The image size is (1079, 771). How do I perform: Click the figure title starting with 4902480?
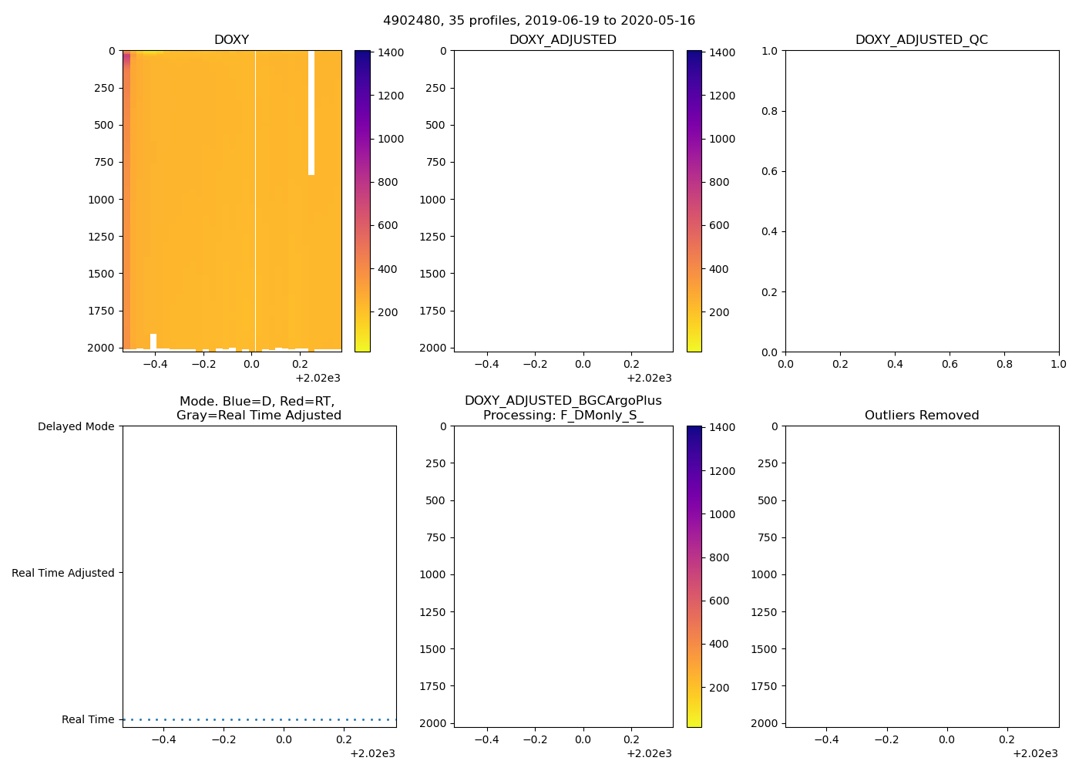pos(539,21)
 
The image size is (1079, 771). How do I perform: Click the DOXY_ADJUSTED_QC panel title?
pos(921,40)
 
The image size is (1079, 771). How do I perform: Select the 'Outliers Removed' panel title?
pos(921,416)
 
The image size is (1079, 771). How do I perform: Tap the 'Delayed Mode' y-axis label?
pos(76,426)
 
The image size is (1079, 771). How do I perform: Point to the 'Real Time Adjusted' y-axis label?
pos(62,573)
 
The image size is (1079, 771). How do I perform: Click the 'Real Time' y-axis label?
pos(88,719)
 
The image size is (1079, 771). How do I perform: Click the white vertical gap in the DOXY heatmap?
pos(311,113)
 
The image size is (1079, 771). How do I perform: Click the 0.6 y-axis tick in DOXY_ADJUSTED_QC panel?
pos(768,171)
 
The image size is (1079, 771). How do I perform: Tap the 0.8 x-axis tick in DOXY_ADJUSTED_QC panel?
pos(1004,364)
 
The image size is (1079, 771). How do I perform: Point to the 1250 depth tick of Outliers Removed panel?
pos(764,612)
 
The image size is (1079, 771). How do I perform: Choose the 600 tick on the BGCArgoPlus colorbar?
pos(719,601)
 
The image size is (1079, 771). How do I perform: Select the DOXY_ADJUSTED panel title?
pos(563,40)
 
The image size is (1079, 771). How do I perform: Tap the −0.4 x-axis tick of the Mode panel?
pos(163,739)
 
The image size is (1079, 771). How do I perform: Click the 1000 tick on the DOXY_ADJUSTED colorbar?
pos(722,139)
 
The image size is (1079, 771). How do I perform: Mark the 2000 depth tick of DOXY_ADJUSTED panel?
pos(435,348)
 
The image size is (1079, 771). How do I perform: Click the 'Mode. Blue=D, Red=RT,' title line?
pos(257,402)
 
